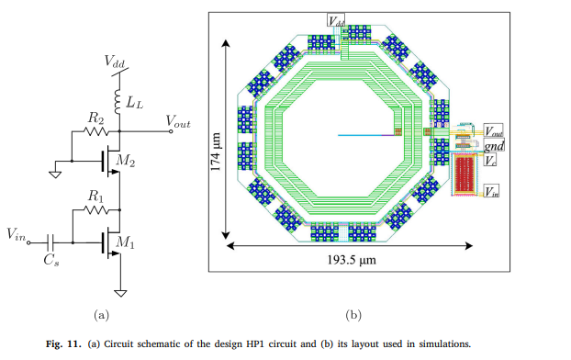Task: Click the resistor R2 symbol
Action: click(x=96, y=131)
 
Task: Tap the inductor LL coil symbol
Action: click(x=118, y=102)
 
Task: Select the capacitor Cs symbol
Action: click(x=50, y=242)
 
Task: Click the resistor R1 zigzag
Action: click(x=96, y=210)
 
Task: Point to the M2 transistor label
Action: click(x=125, y=161)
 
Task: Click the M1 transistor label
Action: click(x=125, y=242)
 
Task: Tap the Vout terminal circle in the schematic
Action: click(x=171, y=131)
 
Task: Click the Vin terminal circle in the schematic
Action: click(x=29, y=242)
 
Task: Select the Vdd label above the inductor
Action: click(x=114, y=62)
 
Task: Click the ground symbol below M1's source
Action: click(x=120, y=293)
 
